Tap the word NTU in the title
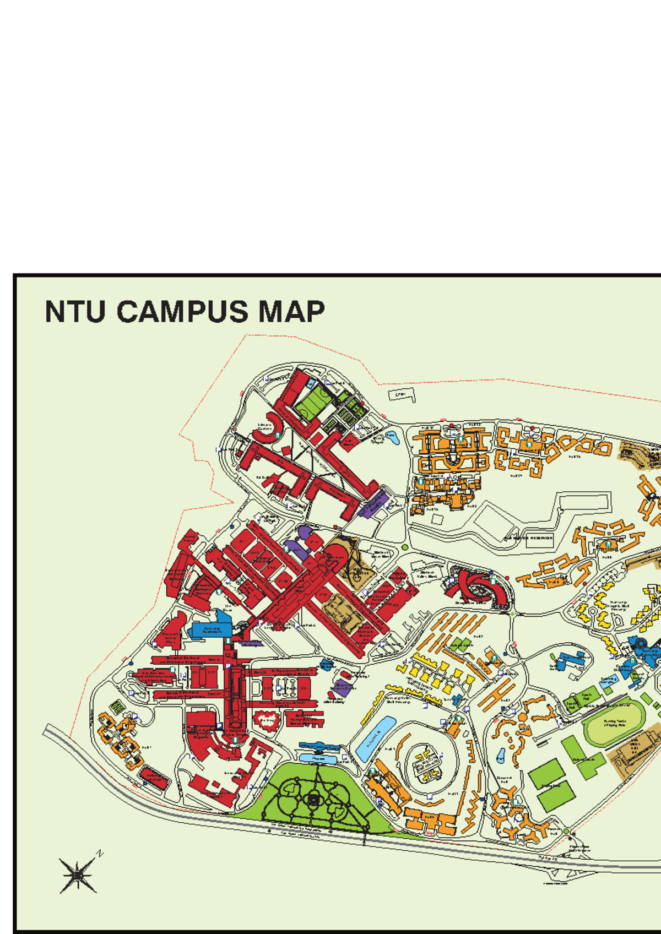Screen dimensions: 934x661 (x=75, y=312)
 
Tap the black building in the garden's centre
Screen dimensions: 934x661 (x=313, y=800)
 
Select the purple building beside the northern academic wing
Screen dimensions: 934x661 (x=373, y=503)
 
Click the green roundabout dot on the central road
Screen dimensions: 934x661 (x=405, y=547)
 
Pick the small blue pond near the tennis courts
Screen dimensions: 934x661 (x=391, y=436)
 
